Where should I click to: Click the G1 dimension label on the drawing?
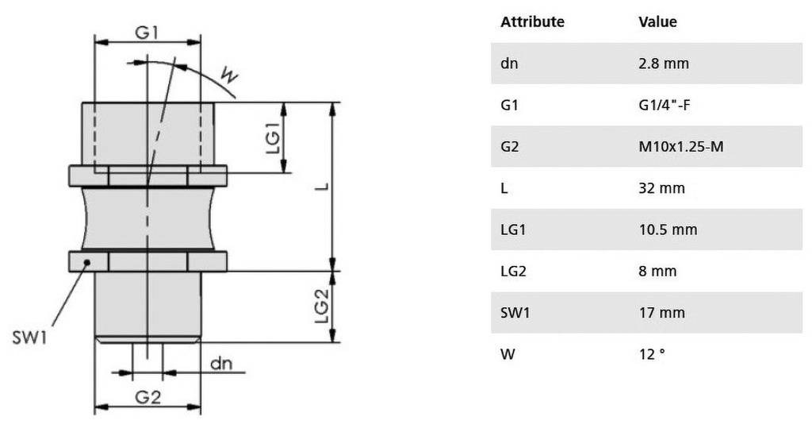[x=147, y=33]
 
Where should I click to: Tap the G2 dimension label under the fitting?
[x=147, y=398]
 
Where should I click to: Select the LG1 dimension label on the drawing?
[x=272, y=138]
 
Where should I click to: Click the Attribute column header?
[x=532, y=22]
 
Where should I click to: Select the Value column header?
[x=657, y=22]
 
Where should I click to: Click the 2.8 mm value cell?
[x=664, y=64]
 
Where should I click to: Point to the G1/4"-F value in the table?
[x=668, y=105]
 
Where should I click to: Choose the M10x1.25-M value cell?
[x=680, y=147]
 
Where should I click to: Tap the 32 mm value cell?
[x=661, y=188]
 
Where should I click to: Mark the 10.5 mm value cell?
[x=668, y=229]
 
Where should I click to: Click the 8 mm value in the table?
[x=657, y=272]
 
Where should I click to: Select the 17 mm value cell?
[x=661, y=313]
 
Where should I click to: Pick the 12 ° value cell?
[x=651, y=354]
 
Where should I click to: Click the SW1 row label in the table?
[x=514, y=313]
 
